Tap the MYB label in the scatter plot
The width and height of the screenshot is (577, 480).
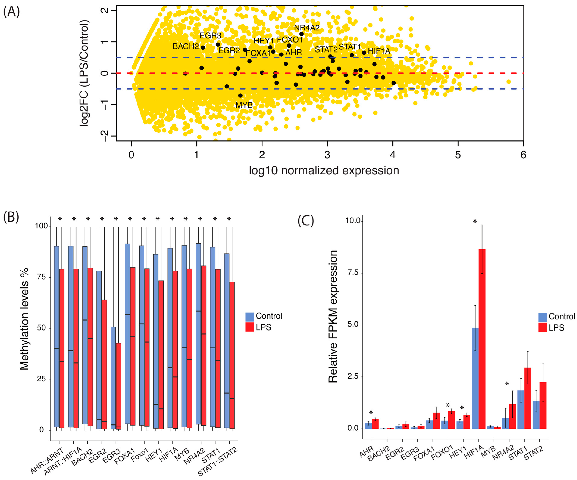pos(244,105)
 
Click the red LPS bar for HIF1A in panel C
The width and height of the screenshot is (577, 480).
pos(482,338)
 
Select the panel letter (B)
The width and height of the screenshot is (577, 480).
pos(11,217)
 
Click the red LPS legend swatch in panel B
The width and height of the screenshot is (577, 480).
pos(249,327)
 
